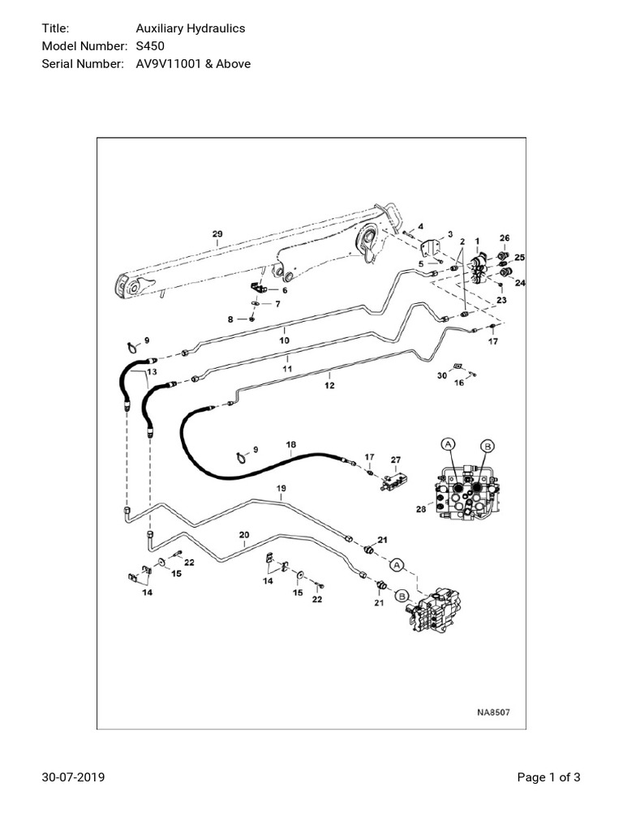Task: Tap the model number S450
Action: pos(150,45)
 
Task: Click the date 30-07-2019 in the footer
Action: pos(73,778)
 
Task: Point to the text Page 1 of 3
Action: pos(549,778)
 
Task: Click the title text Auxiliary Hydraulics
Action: pos(190,28)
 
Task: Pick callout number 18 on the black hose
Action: pos(291,445)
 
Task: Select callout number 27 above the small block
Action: pos(396,460)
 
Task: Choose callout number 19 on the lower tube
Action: pos(281,488)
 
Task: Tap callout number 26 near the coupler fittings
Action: pos(504,238)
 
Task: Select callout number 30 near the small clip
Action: pos(441,375)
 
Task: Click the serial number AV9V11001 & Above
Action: pos(193,63)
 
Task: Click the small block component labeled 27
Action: pos(395,481)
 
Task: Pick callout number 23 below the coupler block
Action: pos(501,300)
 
